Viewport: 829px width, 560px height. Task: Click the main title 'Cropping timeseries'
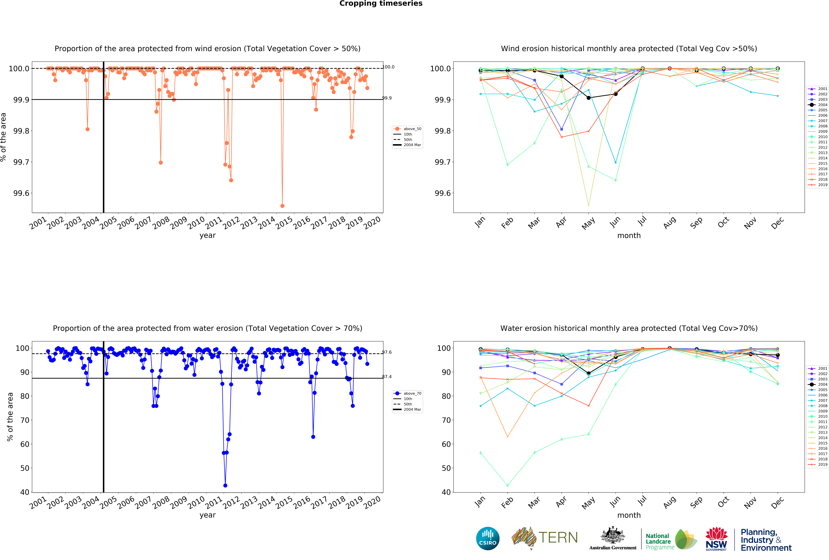tap(381, 4)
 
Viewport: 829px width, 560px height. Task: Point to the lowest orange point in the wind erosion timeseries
tap(282, 206)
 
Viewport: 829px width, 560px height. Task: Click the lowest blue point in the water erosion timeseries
tap(225, 485)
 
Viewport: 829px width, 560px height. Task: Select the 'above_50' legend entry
tap(412, 129)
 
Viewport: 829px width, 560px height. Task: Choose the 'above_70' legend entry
tap(412, 393)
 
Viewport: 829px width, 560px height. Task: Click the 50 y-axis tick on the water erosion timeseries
tap(25, 468)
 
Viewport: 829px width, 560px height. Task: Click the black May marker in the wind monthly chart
tap(589, 98)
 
